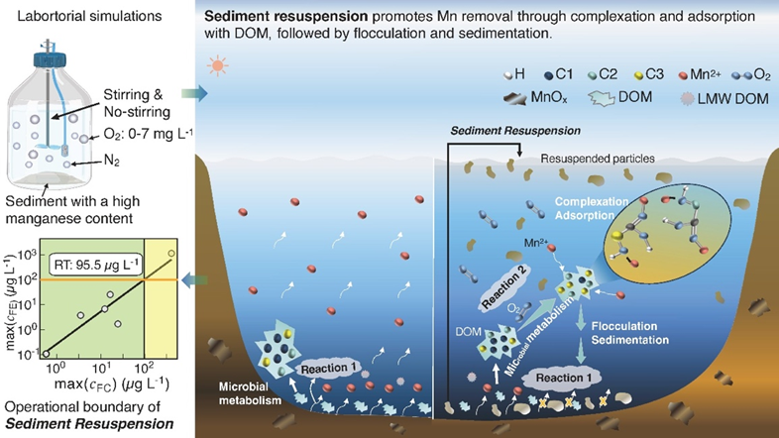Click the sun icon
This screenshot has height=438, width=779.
click(216, 67)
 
